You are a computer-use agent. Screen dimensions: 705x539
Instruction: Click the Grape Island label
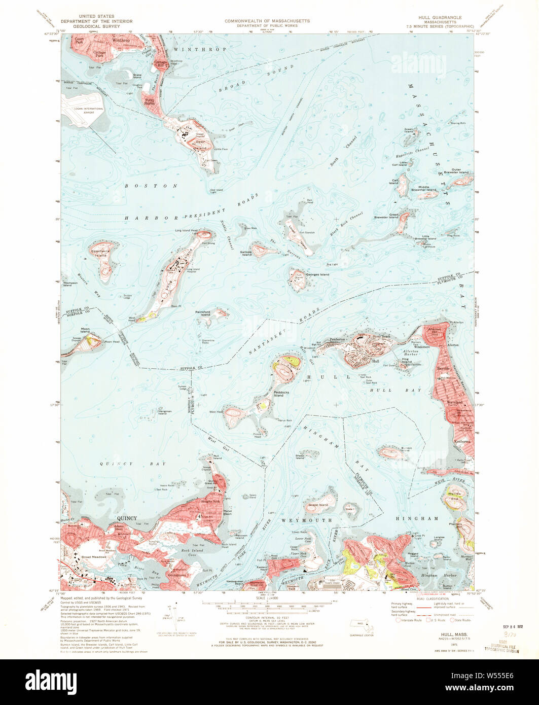tap(318, 505)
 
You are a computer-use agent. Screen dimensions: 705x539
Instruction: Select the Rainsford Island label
tap(203, 313)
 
